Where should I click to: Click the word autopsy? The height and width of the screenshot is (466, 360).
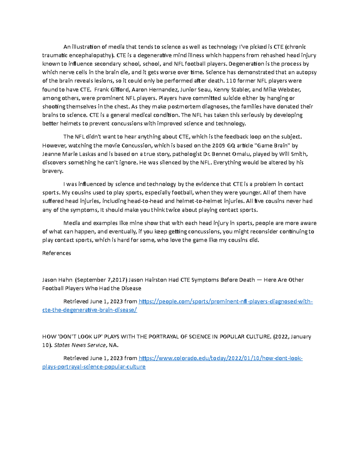(x=306, y=72)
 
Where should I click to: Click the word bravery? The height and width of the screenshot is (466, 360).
(x=53, y=171)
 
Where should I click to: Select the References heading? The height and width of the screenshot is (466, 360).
(x=57, y=253)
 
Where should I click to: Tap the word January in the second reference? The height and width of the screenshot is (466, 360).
(x=301, y=337)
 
